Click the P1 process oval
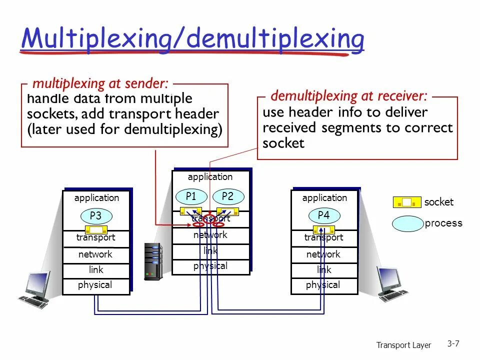click(191, 196)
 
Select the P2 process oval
click(228, 196)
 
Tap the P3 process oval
click(95, 216)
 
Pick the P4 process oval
click(324, 216)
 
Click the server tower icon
click(153, 260)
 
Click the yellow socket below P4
click(324, 229)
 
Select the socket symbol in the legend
click(407, 202)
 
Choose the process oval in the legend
click(407, 223)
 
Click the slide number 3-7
click(453, 343)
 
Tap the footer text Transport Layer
click(403, 345)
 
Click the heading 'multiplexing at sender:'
click(100, 83)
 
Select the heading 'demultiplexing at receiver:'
click(348, 95)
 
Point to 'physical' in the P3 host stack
click(95, 285)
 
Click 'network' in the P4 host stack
click(323, 254)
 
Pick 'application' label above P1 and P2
click(210, 177)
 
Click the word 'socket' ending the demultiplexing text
click(283, 143)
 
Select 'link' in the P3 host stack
click(96, 270)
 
